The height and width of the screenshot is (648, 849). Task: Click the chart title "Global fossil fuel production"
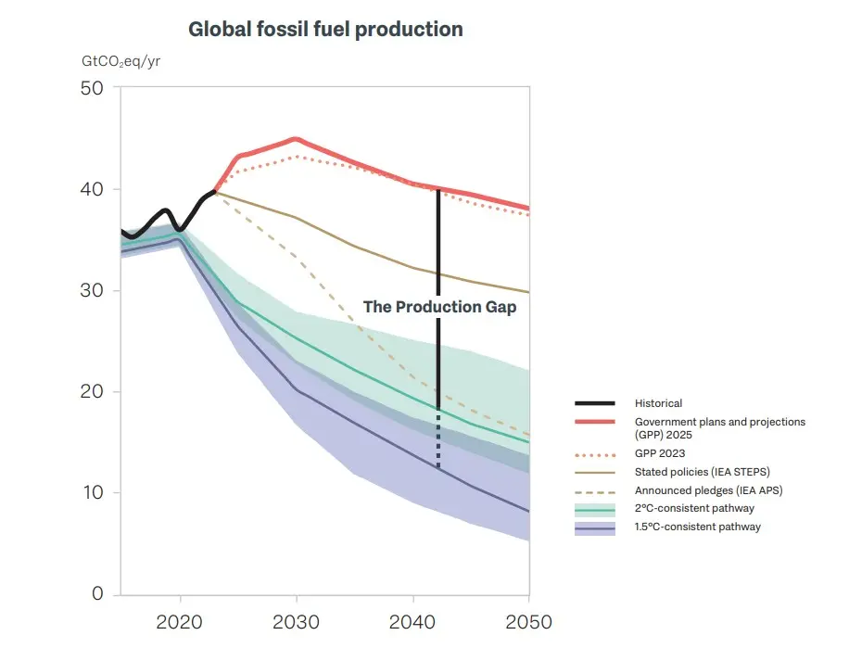tap(325, 30)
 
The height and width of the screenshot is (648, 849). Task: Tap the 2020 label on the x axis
tap(180, 621)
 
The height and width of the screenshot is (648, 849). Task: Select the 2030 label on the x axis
tap(296, 621)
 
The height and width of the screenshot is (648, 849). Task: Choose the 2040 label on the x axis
tap(412, 621)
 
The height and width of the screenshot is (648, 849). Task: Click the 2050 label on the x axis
tap(526, 621)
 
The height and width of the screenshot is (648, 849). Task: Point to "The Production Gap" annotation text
tap(439, 307)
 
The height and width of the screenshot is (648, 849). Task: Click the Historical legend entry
tap(658, 403)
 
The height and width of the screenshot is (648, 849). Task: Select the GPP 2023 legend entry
tap(658, 454)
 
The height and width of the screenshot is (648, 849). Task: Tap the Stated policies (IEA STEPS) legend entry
tap(702, 472)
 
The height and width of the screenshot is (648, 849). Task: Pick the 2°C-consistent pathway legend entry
tap(694, 508)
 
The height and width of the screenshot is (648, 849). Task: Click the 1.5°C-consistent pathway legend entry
tap(697, 527)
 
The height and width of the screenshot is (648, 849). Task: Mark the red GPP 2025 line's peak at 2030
tap(296, 139)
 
